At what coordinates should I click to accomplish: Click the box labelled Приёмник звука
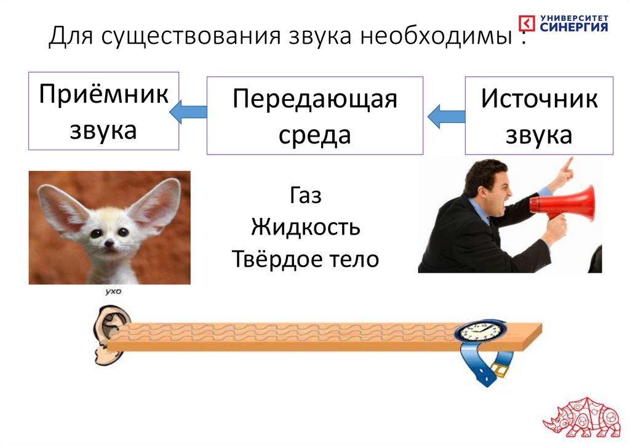(103, 111)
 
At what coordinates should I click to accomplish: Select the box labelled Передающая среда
(314, 115)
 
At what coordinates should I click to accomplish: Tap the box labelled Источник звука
(539, 115)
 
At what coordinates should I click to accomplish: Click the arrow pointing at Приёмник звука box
(188, 111)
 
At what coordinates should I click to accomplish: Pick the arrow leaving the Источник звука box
(446, 116)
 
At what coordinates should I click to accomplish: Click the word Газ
(306, 197)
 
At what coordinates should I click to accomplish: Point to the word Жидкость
(305, 228)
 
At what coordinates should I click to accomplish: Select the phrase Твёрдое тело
(305, 259)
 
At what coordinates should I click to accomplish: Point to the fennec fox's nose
(109, 243)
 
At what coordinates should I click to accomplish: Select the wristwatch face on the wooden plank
(480, 332)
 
